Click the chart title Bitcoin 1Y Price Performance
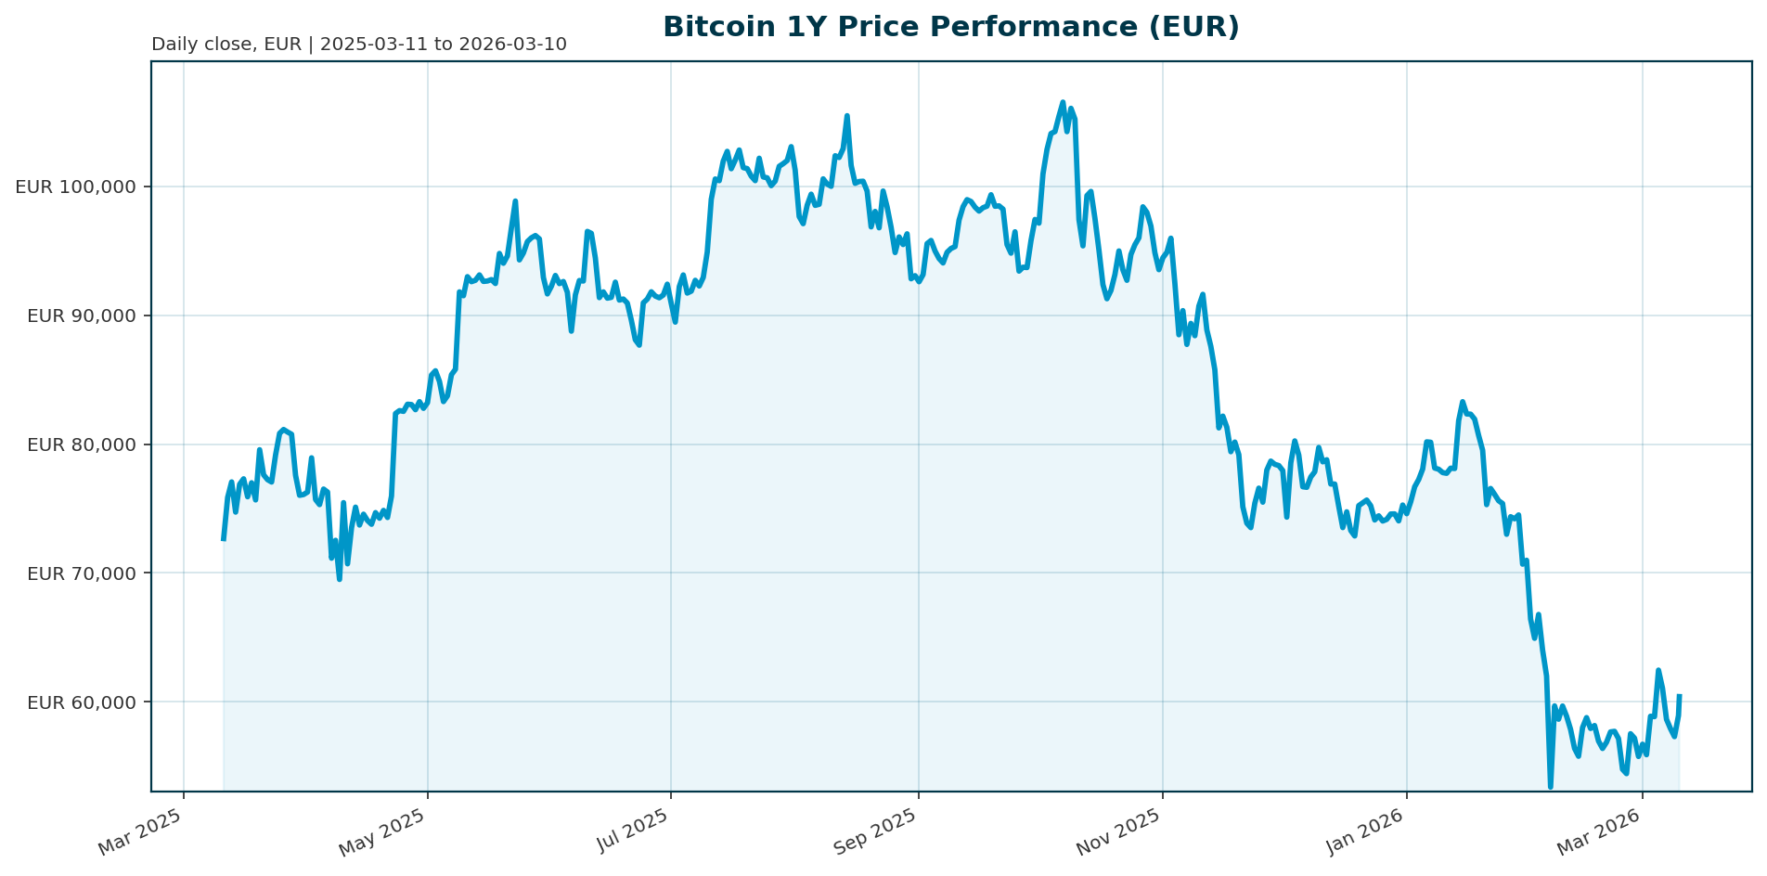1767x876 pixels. pos(950,27)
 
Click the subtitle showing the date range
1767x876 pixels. pos(358,45)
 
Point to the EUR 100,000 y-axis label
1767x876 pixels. pos(76,187)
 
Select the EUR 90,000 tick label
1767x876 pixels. pos(82,316)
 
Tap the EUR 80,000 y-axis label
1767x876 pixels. pos(82,444)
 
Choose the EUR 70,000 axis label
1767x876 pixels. pos(82,573)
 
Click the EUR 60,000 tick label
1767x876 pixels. pos(82,702)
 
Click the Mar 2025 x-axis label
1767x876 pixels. pos(141,832)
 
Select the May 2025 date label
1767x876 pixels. pos(382,832)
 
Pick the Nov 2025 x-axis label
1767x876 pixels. pos(1118,832)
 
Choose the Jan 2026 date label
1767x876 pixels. pos(1364,832)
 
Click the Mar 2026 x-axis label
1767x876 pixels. pos(1600,832)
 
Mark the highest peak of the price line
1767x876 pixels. pos(1063,102)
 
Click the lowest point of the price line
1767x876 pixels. pos(1550,787)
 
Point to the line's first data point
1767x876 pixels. pos(223,539)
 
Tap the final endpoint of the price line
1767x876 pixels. pos(1679,695)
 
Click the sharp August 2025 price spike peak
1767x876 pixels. pos(846,116)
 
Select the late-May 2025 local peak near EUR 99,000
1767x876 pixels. pos(515,200)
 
